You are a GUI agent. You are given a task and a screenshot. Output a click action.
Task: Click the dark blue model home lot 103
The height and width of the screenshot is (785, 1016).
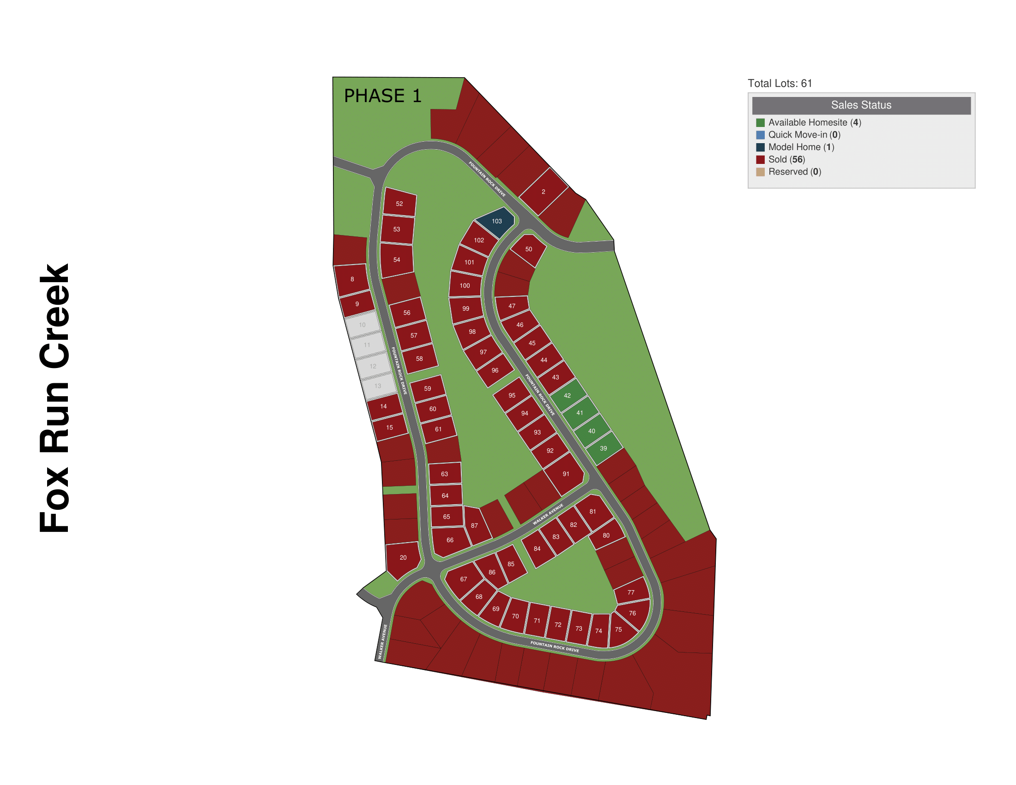(496, 222)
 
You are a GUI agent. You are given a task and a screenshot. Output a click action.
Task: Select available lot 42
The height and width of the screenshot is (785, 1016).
(568, 395)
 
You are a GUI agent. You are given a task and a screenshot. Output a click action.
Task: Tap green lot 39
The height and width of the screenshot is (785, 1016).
(604, 448)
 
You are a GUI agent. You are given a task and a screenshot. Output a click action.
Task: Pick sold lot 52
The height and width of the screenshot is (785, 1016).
(399, 203)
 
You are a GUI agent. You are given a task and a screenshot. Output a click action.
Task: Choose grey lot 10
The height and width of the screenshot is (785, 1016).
(363, 325)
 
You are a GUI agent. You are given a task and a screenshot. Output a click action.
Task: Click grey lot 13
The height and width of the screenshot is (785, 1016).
(378, 386)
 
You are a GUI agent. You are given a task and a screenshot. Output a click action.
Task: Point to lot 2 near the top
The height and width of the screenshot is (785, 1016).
(544, 192)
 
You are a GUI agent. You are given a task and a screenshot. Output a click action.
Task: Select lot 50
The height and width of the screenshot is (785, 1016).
(529, 249)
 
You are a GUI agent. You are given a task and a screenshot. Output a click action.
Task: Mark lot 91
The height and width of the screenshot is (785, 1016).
(565, 474)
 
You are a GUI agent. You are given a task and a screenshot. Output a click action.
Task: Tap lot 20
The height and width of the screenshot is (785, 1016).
(403, 557)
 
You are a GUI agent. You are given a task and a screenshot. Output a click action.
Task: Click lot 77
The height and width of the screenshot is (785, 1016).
(631, 592)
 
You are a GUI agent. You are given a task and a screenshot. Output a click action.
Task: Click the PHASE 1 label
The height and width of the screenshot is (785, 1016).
(382, 96)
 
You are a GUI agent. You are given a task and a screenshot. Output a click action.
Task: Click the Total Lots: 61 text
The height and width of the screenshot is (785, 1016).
(780, 83)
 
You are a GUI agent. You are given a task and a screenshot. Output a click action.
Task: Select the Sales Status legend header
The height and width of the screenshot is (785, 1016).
(861, 105)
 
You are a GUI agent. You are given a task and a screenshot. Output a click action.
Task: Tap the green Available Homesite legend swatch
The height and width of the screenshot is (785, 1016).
(761, 122)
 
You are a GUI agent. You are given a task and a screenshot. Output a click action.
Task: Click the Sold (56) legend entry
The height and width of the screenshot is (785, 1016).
(786, 159)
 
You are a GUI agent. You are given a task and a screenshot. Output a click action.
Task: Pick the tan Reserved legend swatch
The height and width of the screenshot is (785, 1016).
(761, 172)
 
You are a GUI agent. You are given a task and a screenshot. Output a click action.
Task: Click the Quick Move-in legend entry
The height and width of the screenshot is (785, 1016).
(804, 135)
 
